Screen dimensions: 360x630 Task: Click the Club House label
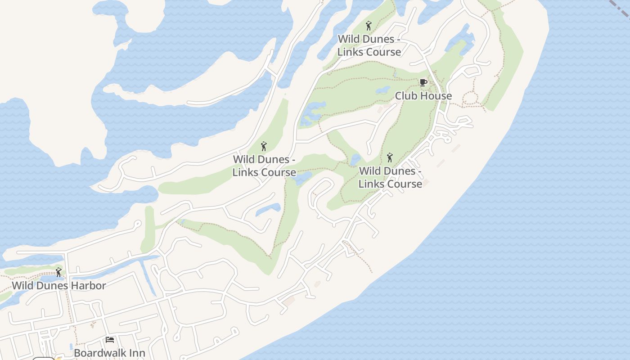point(423,96)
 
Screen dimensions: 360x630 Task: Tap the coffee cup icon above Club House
point(423,82)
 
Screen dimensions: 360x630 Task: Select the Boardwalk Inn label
point(109,352)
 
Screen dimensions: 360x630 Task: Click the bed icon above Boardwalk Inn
point(109,339)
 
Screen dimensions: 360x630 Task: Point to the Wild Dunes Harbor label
point(59,285)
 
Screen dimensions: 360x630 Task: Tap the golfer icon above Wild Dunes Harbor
point(58,272)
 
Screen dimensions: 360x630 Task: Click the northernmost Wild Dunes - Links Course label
point(369,45)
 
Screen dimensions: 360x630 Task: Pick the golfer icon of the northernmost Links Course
point(369,26)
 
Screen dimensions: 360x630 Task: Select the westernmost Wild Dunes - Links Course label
point(264,166)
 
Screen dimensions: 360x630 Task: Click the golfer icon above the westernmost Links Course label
point(264,146)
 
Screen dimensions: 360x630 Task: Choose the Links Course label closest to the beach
point(390,177)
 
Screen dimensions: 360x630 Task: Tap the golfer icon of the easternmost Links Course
point(390,157)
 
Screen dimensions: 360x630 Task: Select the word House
point(436,96)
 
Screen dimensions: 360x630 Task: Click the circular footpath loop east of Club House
point(471,97)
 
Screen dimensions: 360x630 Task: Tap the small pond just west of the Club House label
point(383,90)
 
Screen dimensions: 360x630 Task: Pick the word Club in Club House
point(405,96)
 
